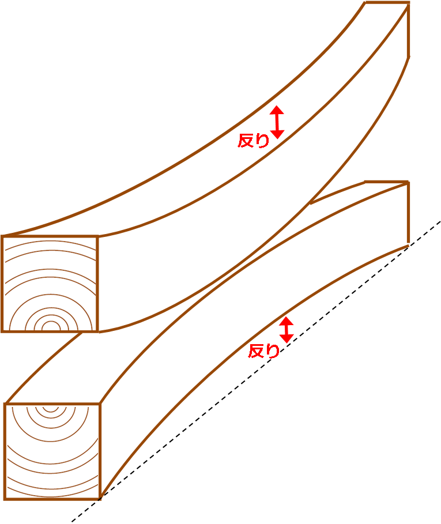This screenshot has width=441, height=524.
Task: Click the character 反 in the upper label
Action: [246, 140]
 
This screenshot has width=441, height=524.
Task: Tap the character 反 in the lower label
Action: [256, 351]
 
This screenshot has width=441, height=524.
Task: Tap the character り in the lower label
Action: [273, 351]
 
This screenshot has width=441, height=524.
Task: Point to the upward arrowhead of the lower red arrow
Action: [287, 321]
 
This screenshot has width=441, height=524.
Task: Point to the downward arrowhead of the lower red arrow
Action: [287, 338]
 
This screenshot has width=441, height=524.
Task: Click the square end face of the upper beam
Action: [50, 284]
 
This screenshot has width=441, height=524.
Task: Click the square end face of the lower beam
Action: [52, 451]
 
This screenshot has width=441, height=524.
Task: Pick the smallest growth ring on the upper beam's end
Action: [51, 326]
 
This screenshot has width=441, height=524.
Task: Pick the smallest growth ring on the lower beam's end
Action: [51, 408]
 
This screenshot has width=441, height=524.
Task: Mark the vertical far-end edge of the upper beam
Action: [408, 30]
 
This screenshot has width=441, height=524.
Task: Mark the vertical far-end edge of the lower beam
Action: [408, 213]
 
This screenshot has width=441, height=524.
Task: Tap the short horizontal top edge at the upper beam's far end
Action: [387, 3]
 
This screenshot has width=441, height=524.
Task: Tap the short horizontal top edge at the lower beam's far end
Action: [386, 182]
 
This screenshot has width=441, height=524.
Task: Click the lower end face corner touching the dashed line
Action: [100, 499]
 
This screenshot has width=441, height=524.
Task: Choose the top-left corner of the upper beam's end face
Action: [2, 236]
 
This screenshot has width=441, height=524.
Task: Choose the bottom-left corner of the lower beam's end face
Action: [5, 499]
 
